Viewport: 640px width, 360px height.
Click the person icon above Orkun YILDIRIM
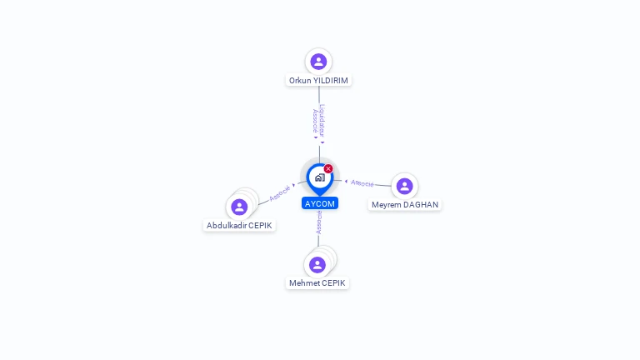pos(318,61)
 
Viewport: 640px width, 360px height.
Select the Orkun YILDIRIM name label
pos(318,81)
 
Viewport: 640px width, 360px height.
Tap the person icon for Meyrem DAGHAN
pos(404,186)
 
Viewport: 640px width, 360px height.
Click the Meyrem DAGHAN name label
pos(405,205)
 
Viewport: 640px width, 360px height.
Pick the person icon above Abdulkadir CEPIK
pos(239,207)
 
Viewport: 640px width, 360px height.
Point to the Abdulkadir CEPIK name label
pos(239,226)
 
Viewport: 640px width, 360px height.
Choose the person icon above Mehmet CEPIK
pos(317,265)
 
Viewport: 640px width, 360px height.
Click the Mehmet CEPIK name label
pos(317,283)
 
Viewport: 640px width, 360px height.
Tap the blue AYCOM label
pos(320,203)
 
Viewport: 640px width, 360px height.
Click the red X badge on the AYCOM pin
pos(328,169)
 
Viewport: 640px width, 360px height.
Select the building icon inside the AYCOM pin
pos(319,177)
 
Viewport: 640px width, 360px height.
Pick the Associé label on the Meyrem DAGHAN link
pos(362,182)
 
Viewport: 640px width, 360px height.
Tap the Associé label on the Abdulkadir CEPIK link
pos(279,192)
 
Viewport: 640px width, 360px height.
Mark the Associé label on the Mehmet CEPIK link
pos(319,222)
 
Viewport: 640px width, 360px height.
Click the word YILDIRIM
pos(331,81)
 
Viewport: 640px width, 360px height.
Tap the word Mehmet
pos(304,283)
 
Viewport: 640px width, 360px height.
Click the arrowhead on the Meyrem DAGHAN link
pos(346,181)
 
